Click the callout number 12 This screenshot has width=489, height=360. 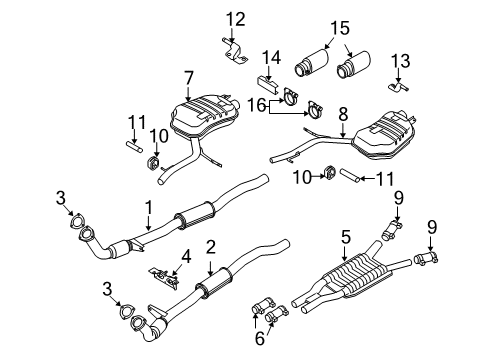point(236,19)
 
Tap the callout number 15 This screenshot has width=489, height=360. point(340,28)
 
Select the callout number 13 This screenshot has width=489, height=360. point(400,61)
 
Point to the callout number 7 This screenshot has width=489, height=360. point(189,78)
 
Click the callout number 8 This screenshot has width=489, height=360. point(343,114)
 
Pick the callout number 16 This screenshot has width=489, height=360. point(256,106)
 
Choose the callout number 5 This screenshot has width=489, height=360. point(346,237)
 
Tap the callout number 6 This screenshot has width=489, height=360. point(260,339)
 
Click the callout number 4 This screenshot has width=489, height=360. point(186,257)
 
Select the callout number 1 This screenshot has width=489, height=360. point(148,207)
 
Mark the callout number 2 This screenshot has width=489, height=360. point(211,247)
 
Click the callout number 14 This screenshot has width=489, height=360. point(271,57)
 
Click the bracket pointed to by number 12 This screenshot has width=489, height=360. point(235,52)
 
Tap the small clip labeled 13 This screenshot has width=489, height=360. point(398,87)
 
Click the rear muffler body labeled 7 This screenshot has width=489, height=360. point(203,114)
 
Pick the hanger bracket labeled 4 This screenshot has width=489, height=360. point(164,276)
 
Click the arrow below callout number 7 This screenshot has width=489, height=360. point(189,94)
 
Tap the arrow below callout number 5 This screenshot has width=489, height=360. point(345,253)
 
